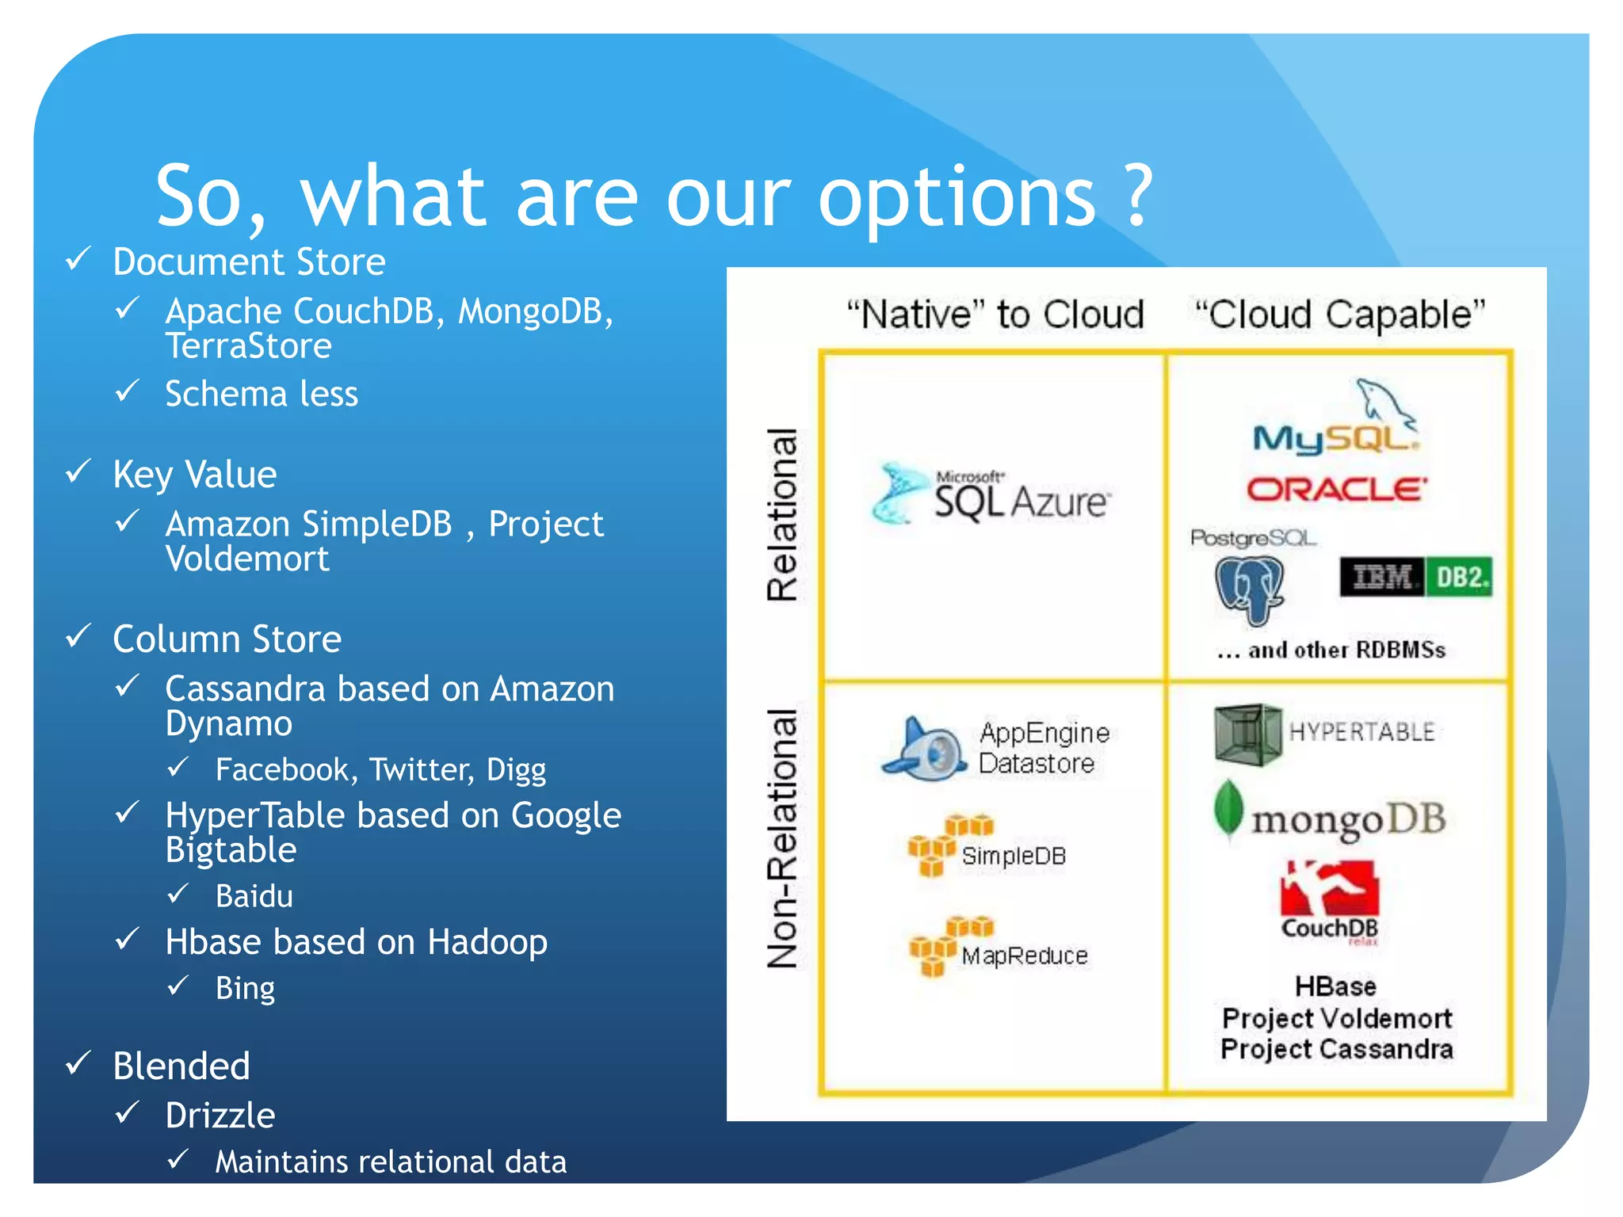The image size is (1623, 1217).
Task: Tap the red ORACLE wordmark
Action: pyautogui.click(x=1337, y=490)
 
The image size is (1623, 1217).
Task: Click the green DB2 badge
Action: pyautogui.click(x=1459, y=577)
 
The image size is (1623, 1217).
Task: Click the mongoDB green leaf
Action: pyautogui.click(x=1228, y=809)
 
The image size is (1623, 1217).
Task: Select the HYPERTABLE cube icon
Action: pyautogui.click(x=1247, y=734)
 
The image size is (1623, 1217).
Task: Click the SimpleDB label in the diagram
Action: pyautogui.click(x=1014, y=856)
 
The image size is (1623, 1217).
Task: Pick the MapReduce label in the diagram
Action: pyautogui.click(x=1024, y=956)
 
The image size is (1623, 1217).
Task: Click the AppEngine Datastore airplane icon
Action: pyautogui.click(x=924, y=749)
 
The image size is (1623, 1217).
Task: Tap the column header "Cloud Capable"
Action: pyautogui.click(x=1339, y=315)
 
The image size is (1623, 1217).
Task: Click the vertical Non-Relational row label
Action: pyautogui.click(x=782, y=838)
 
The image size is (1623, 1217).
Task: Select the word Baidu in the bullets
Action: pyautogui.click(x=254, y=896)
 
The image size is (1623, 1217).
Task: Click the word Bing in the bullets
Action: pyautogui.click(x=245, y=988)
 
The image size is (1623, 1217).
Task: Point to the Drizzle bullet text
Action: pyautogui.click(x=220, y=1115)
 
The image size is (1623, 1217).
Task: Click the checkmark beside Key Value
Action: pyautogui.click(x=78, y=472)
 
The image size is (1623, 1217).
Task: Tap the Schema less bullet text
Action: pyautogui.click(x=262, y=394)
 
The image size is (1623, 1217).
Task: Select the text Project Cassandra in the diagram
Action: pyautogui.click(x=1336, y=1049)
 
